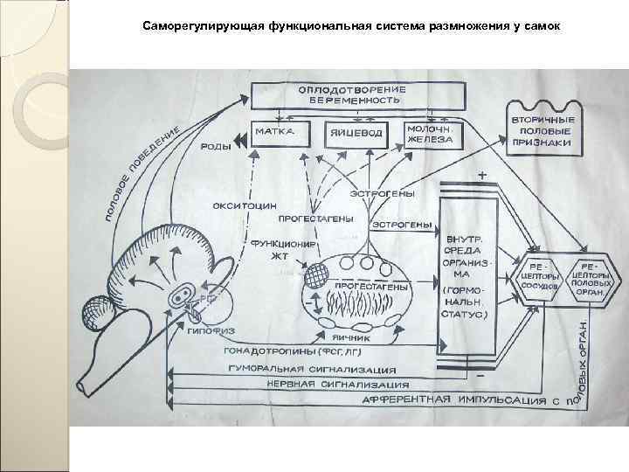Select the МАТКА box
click(274, 135)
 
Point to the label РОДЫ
click(217, 148)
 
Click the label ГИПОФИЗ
click(208, 330)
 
